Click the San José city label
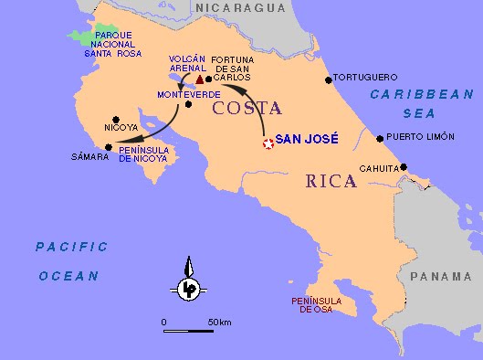pos(307,139)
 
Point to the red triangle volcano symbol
pos(200,80)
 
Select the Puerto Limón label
pos(419,139)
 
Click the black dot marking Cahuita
pos(404,167)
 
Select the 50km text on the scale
pos(219,323)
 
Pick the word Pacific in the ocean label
pos(71,247)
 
